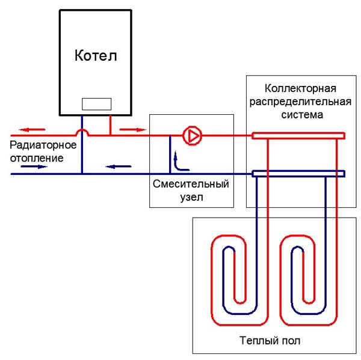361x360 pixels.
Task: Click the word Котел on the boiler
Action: point(96,56)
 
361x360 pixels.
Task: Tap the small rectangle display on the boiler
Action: point(96,103)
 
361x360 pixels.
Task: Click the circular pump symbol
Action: point(193,136)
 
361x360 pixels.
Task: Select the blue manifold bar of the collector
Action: point(298,174)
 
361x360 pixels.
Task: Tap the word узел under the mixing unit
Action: point(191,197)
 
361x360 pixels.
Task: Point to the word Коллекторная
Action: point(298,88)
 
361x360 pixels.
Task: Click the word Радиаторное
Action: point(43,146)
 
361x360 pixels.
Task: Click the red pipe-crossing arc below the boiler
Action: point(82,131)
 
